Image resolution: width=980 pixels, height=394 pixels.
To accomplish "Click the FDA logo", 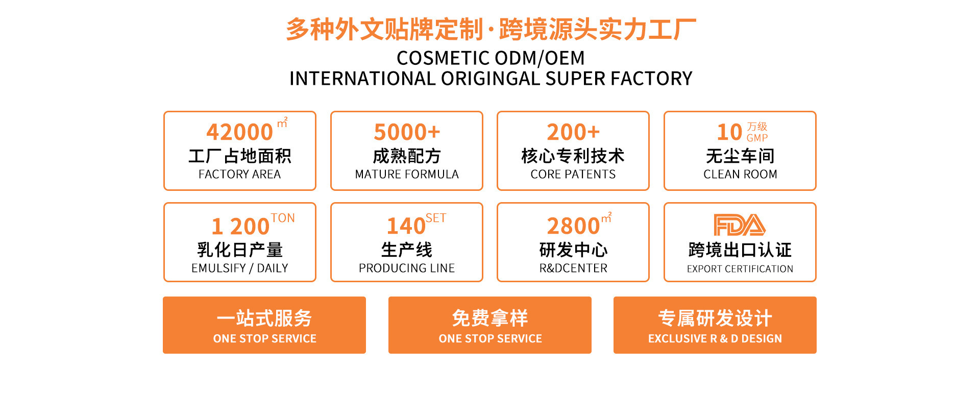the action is coord(740,225).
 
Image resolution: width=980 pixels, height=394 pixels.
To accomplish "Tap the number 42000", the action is coord(240,132).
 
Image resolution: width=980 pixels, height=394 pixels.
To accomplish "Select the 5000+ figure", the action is coord(407,132).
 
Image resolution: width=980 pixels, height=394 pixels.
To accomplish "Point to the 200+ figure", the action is coord(573,132).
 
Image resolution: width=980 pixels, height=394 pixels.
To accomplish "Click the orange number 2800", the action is coord(573,226).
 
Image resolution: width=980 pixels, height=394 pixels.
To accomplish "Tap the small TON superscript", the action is coord(283,218).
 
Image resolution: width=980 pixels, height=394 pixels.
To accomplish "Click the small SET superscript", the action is coord(436,218).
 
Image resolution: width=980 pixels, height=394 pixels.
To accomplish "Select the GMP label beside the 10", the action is coord(757,138).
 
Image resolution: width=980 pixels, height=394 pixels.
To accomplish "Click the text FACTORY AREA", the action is coord(240,175).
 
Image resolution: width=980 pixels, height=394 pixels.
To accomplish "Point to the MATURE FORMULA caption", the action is coord(407,175).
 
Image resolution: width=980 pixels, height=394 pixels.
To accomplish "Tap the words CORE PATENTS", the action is coord(573,175).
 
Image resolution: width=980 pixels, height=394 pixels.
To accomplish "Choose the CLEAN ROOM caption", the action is coord(740,175).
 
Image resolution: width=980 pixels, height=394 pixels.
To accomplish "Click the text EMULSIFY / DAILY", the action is coord(240,268).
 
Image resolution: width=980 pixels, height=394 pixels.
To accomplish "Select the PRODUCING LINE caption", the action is coord(407,268).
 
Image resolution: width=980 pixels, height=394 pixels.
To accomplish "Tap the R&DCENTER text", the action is coord(573,268).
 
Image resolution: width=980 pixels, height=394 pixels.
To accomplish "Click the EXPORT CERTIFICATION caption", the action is coord(740,269).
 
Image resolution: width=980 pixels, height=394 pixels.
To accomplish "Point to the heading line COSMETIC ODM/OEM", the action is coord(491,58).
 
